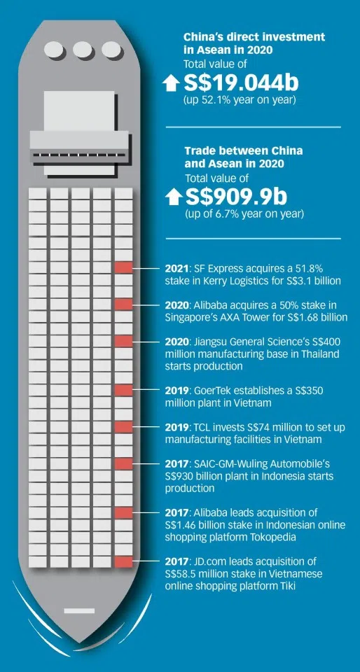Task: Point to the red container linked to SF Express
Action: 124,267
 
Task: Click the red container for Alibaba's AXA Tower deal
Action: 124,304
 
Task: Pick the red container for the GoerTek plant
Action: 124,389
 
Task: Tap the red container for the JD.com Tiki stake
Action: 124,561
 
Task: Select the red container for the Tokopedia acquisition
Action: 124,512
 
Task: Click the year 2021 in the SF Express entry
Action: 176,269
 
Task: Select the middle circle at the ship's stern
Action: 83,50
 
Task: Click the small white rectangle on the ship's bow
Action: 78,611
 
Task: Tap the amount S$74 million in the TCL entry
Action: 259,427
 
